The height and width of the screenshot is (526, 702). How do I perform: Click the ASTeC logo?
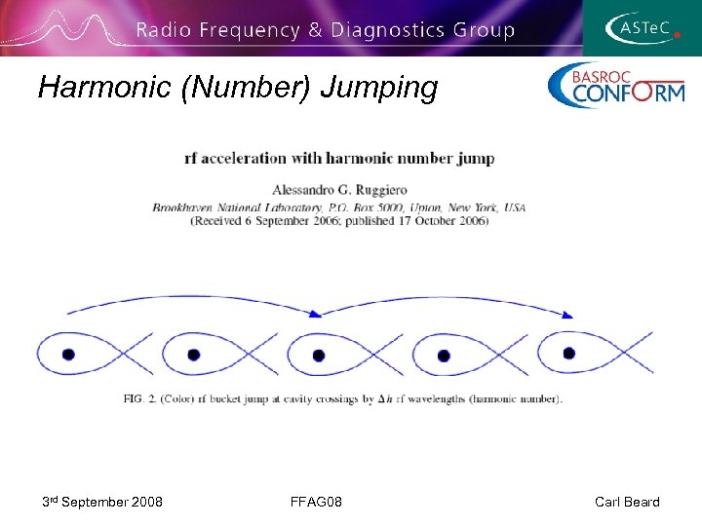(x=642, y=27)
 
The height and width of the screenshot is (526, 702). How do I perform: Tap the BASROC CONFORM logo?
(x=616, y=85)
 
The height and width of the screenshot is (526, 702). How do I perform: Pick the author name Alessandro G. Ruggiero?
(x=339, y=188)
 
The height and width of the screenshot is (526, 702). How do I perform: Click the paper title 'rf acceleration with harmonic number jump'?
(x=339, y=158)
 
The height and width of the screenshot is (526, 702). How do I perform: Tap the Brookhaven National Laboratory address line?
(x=339, y=207)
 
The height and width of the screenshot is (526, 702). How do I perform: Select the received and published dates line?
(x=339, y=220)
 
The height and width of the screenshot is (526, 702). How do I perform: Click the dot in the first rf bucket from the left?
(x=68, y=355)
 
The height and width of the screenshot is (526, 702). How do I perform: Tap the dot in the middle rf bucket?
(x=319, y=356)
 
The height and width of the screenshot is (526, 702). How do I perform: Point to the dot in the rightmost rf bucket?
(x=569, y=353)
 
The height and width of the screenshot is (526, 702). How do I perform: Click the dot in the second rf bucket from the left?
(x=193, y=355)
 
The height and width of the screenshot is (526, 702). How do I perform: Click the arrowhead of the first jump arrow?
(x=315, y=314)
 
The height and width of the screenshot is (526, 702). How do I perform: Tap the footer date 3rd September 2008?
(x=102, y=502)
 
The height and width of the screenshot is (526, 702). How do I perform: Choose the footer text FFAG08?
(x=315, y=502)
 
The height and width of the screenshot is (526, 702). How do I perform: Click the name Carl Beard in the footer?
(x=627, y=502)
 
